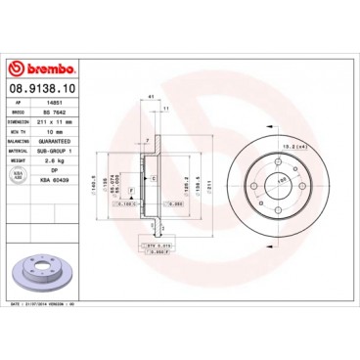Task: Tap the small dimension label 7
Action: [146, 142]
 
